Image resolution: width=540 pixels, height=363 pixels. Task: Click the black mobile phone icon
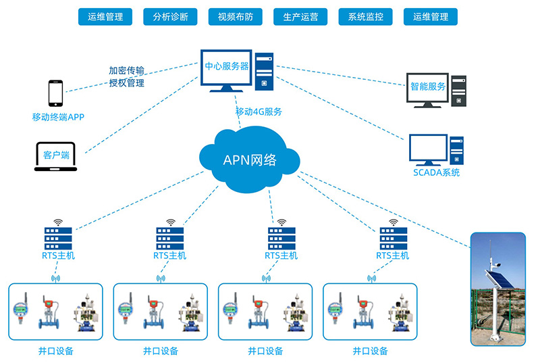pyautogui.click(x=55, y=93)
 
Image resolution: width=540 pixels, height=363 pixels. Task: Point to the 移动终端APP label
pyautogui.click(x=58, y=117)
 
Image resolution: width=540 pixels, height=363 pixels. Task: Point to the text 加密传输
pyautogui.click(x=127, y=70)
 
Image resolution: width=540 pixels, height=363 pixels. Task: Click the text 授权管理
pyautogui.click(x=127, y=83)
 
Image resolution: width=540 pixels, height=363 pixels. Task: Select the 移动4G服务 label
pyautogui.click(x=259, y=112)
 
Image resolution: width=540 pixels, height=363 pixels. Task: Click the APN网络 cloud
pyautogui.click(x=250, y=160)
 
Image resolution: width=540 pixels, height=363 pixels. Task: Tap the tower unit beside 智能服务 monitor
pyautogui.click(x=459, y=91)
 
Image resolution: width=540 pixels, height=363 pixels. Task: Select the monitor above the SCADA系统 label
pyautogui.click(x=428, y=149)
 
